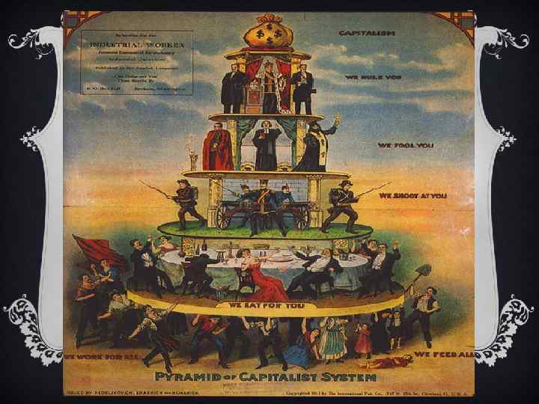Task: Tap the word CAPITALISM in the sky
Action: click(368, 34)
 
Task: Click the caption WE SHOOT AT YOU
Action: click(412, 195)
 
